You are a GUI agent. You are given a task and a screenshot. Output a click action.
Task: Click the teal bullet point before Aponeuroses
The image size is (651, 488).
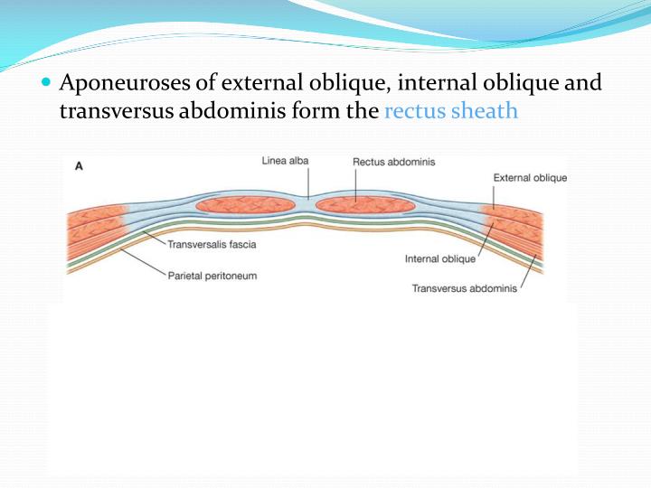point(47,84)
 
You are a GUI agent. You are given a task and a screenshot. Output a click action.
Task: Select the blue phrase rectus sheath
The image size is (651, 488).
point(451,111)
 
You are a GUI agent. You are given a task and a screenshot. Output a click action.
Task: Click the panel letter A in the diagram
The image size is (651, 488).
point(79,166)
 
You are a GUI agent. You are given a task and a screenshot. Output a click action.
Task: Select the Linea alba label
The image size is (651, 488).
point(285,161)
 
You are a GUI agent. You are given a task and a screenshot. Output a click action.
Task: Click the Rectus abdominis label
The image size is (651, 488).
point(393,162)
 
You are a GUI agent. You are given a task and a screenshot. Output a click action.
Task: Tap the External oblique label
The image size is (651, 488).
point(530,178)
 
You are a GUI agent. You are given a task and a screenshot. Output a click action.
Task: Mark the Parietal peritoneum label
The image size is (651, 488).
point(212,275)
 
